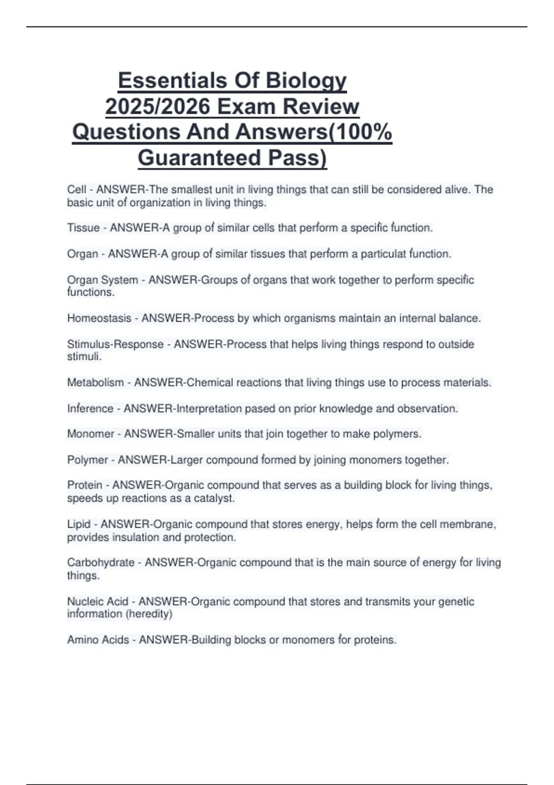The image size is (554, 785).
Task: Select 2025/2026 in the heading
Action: (157, 107)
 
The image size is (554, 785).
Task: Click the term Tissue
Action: (84, 228)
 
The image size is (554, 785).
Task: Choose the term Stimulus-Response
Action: (115, 344)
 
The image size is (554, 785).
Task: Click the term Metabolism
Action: (96, 382)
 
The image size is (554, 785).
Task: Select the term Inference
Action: (90, 408)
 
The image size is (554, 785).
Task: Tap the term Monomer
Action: (90, 434)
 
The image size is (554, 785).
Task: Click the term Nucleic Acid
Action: (97, 601)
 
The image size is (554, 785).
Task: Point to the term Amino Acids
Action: (98, 640)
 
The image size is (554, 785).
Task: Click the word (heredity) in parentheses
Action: (148, 614)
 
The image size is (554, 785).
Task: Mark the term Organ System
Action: (102, 280)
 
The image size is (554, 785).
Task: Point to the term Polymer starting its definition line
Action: (87, 460)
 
